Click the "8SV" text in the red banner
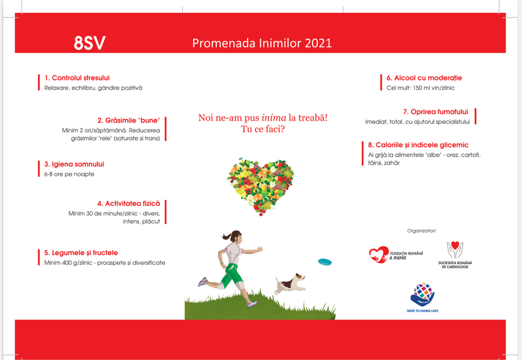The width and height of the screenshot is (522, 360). (x=89, y=43)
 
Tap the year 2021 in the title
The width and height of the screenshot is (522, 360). (x=318, y=43)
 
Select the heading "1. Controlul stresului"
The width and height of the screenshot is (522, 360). (x=77, y=78)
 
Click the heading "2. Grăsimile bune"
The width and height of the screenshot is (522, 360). (x=129, y=120)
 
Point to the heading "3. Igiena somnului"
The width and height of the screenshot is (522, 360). (x=74, y=164)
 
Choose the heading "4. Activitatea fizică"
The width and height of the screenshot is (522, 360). (x=129, y=203)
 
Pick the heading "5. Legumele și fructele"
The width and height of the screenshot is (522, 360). (x=81, y=253)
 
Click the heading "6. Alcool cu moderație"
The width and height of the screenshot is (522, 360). (x=424, y=78)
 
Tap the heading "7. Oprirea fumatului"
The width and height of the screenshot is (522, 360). (x=436, y=112)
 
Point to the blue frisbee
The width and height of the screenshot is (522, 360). (x=325, y=262)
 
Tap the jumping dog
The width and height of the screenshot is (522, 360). (x=289, y=284)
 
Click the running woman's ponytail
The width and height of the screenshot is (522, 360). (x=227, y=236)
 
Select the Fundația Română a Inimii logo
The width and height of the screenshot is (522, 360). (x=396, y=255)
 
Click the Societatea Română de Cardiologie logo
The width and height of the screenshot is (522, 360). (x=455, y=255)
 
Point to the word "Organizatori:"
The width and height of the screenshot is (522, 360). (x=422, y=231)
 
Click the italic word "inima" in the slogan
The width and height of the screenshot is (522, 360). (x=274, y=118)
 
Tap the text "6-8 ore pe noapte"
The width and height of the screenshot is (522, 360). (x=69, y=174)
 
